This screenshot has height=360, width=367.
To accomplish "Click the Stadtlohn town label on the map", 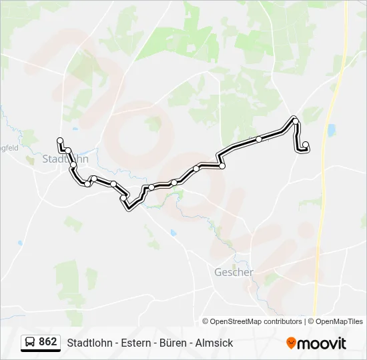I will (65, 159).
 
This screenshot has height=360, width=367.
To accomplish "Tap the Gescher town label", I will (234, 272).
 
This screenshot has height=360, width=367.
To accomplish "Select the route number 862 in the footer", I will (48, 342).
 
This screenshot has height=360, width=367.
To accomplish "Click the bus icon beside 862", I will (30, 343).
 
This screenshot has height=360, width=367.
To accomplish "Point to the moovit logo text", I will (323, 343).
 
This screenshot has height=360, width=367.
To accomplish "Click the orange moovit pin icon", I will (291, 343).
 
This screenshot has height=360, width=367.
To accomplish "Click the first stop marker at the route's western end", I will (60, 141).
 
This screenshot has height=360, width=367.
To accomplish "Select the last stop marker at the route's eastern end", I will (306, 145).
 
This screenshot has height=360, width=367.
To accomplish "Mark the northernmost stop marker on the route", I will (294, 120).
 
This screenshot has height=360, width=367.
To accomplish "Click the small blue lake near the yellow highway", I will (332, 129).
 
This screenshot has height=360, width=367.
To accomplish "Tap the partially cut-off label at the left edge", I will (9, 148).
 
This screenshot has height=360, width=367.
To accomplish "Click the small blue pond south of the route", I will (173, 233).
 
